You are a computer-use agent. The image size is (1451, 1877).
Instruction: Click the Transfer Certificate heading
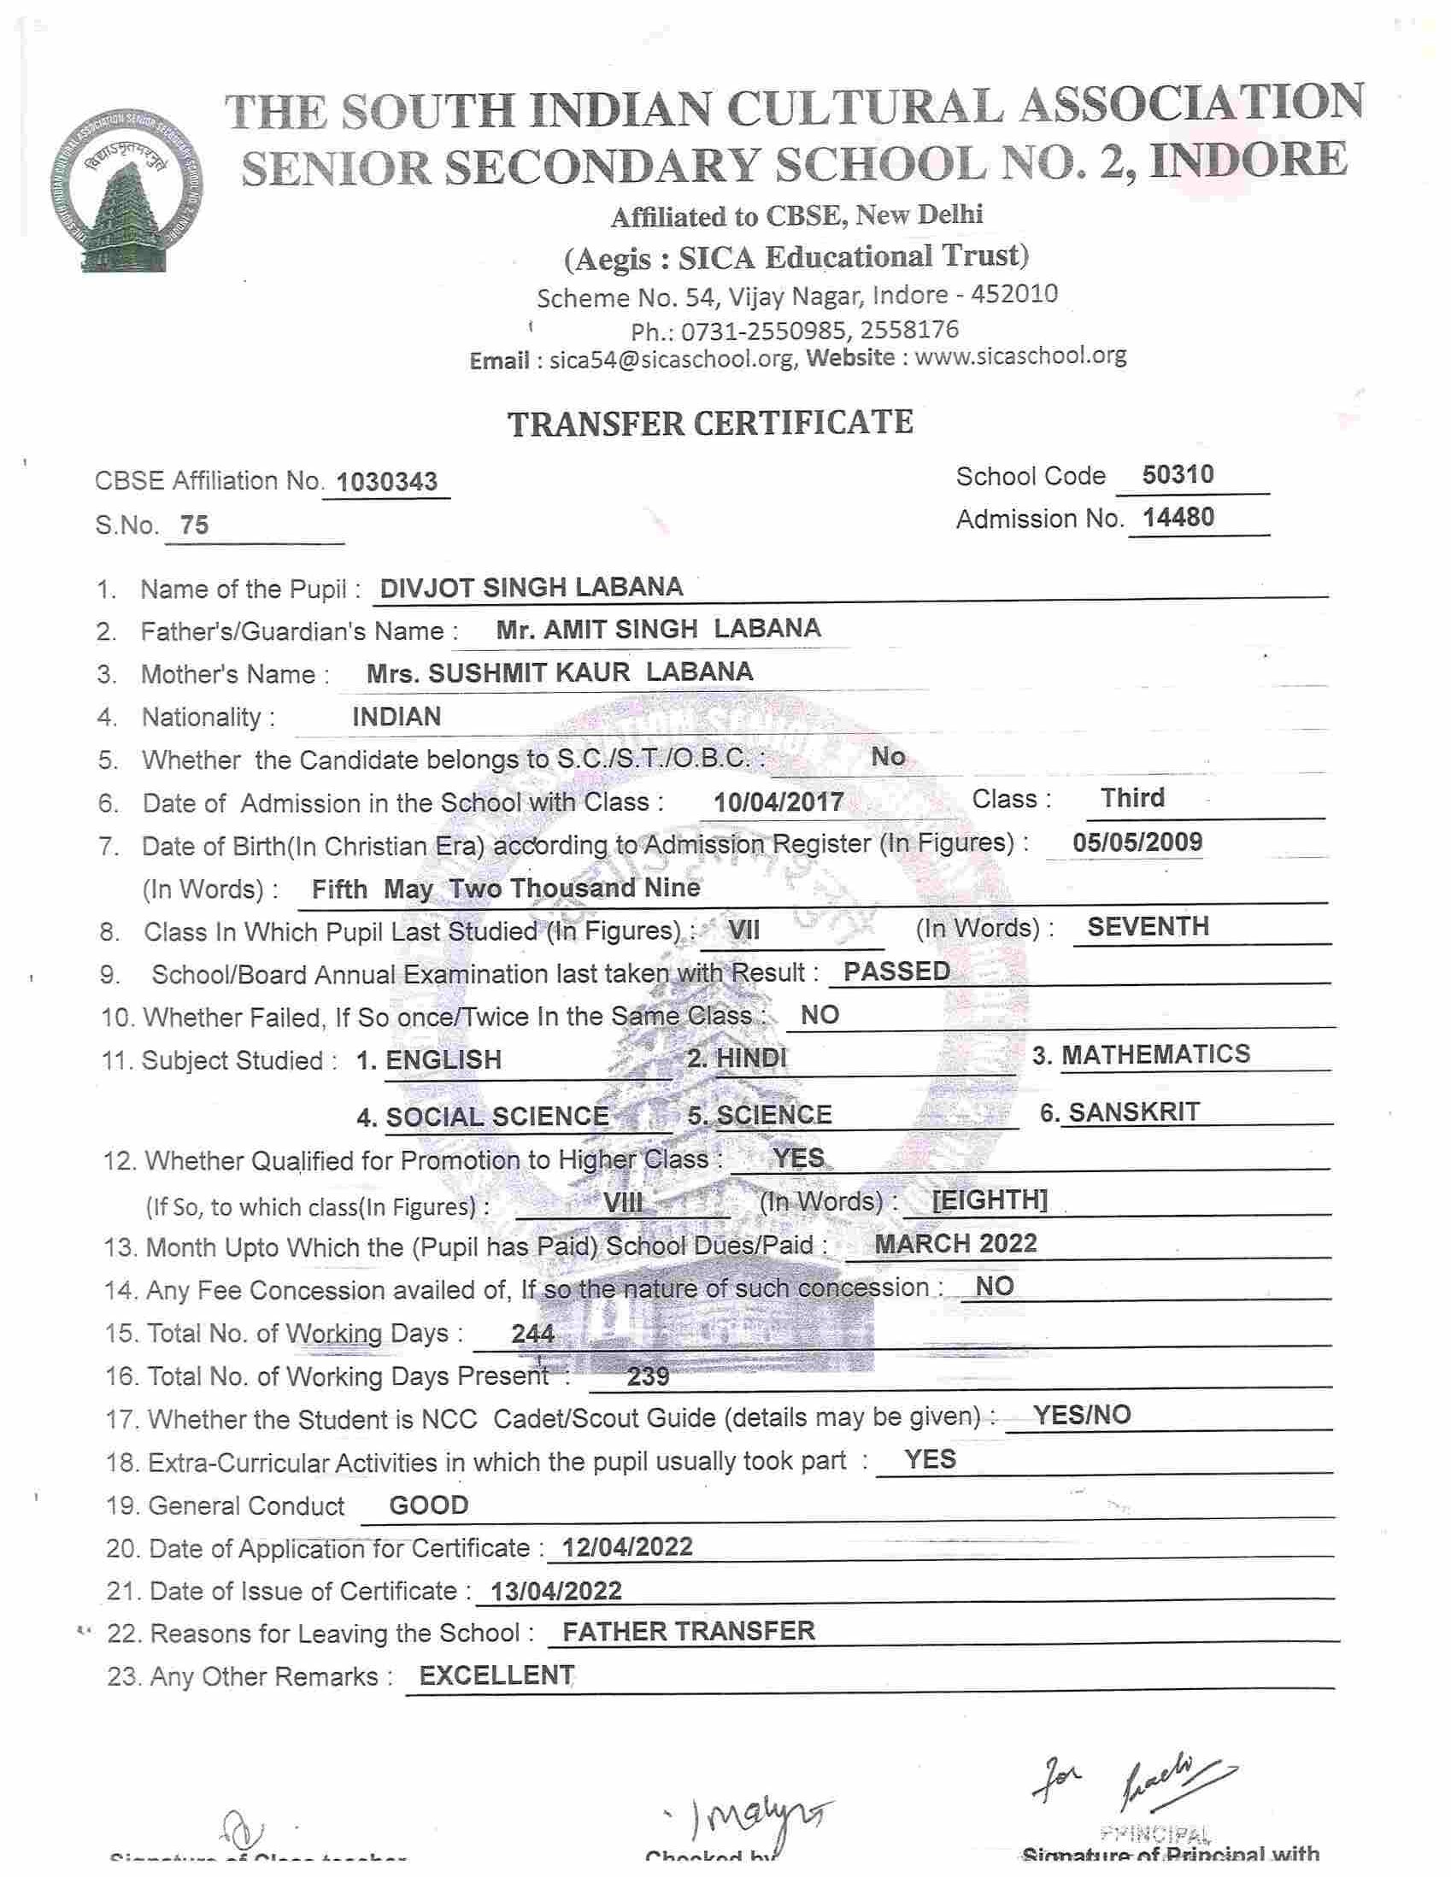[710, 423]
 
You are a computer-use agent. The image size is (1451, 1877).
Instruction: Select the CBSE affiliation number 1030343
[386, 482]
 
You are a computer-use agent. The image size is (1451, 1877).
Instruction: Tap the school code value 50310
[1178, 474]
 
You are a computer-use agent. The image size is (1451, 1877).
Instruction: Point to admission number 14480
[1178, 518]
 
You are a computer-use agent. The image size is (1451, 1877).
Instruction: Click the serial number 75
[194, 525]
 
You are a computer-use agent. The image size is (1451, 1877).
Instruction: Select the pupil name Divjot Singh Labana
[532, 587]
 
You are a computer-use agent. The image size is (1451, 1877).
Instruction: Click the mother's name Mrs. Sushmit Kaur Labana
[560, 672]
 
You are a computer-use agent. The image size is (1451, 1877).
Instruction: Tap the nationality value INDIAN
[397, 716]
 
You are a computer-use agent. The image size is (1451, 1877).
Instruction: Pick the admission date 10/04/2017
[778, 802]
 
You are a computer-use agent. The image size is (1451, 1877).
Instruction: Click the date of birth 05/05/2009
[1137, 842]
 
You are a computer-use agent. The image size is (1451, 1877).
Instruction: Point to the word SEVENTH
[1148, 926]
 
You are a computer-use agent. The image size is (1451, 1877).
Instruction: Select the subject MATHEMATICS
[1155, 1054]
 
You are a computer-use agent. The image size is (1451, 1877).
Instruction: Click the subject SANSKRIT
[1134, 1112]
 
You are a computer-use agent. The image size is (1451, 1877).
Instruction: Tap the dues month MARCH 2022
[956, 1244]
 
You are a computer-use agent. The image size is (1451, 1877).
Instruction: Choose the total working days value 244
[533, 1333]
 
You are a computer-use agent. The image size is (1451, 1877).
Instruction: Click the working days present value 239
[648, 1377]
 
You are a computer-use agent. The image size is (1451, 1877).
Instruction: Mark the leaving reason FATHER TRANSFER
[689, 1631]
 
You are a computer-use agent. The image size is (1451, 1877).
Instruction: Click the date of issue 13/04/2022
[555, 1591]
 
